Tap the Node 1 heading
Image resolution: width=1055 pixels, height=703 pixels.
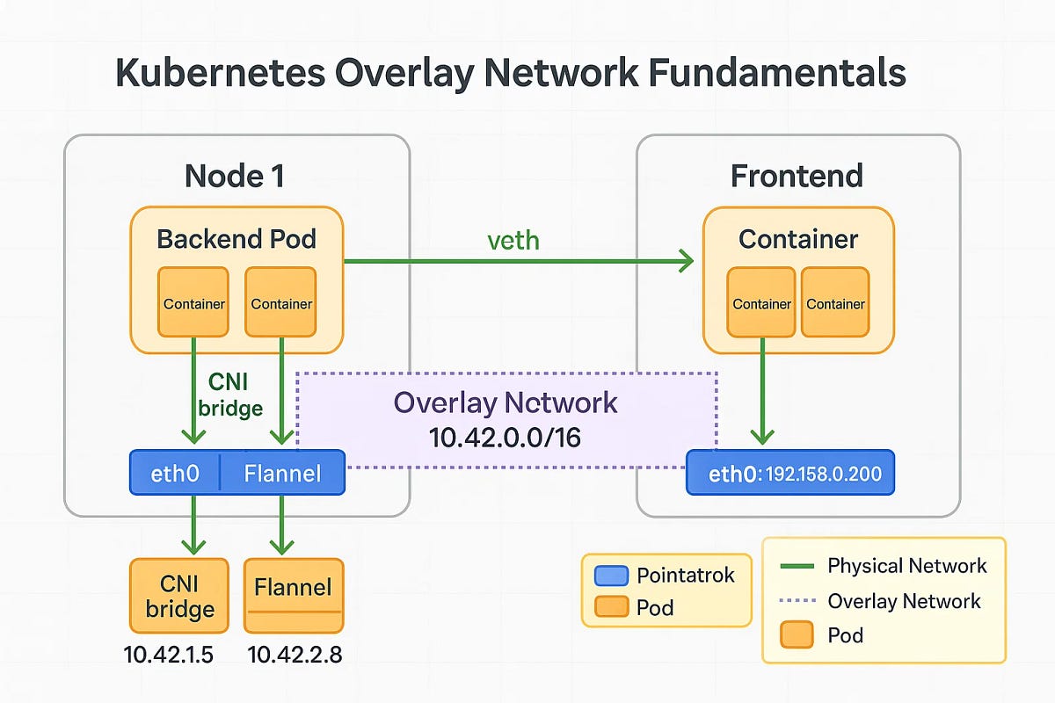(x=235, y=176)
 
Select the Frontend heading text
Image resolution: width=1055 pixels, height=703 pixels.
(x=797, y=176)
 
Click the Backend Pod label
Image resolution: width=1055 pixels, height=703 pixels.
(x=236, y=239)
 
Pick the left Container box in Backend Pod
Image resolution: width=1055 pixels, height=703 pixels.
(x=193, y=303)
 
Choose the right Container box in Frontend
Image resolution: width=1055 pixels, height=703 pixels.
(x=835, y=303)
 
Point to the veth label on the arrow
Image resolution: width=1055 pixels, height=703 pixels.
(x=513, y=240)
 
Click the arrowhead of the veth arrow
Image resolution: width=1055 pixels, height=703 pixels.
(x=685, y=260)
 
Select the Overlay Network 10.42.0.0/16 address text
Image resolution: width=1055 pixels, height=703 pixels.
(x=505, y=437)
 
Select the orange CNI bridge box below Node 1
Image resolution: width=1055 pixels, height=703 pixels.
(x=179, y=596)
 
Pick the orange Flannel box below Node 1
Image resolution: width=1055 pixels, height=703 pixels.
(x=293, y=596)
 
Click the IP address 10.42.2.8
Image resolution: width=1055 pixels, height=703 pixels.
(x=291, y=654)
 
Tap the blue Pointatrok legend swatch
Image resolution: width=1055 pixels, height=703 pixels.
(x=612, y=576)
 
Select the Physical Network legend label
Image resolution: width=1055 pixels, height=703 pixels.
(x=907, y=566)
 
